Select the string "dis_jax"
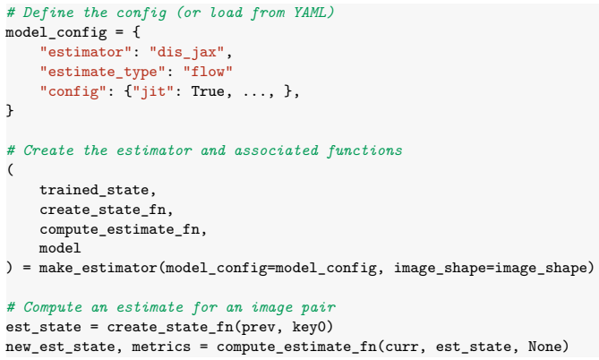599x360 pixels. coord(186,52)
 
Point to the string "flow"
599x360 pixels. coord(208,72)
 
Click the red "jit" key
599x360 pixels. coord(153,91)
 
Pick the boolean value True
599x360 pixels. coord(208,91)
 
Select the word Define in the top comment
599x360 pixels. coord(48,13)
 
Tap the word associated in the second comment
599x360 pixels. coord(276,150)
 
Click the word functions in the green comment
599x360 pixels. coord(364,150)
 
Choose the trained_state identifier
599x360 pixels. coord(94,190)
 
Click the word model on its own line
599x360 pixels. coord(60,248)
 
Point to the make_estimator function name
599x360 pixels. coord(98,268)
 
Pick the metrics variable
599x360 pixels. coord(161,347)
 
